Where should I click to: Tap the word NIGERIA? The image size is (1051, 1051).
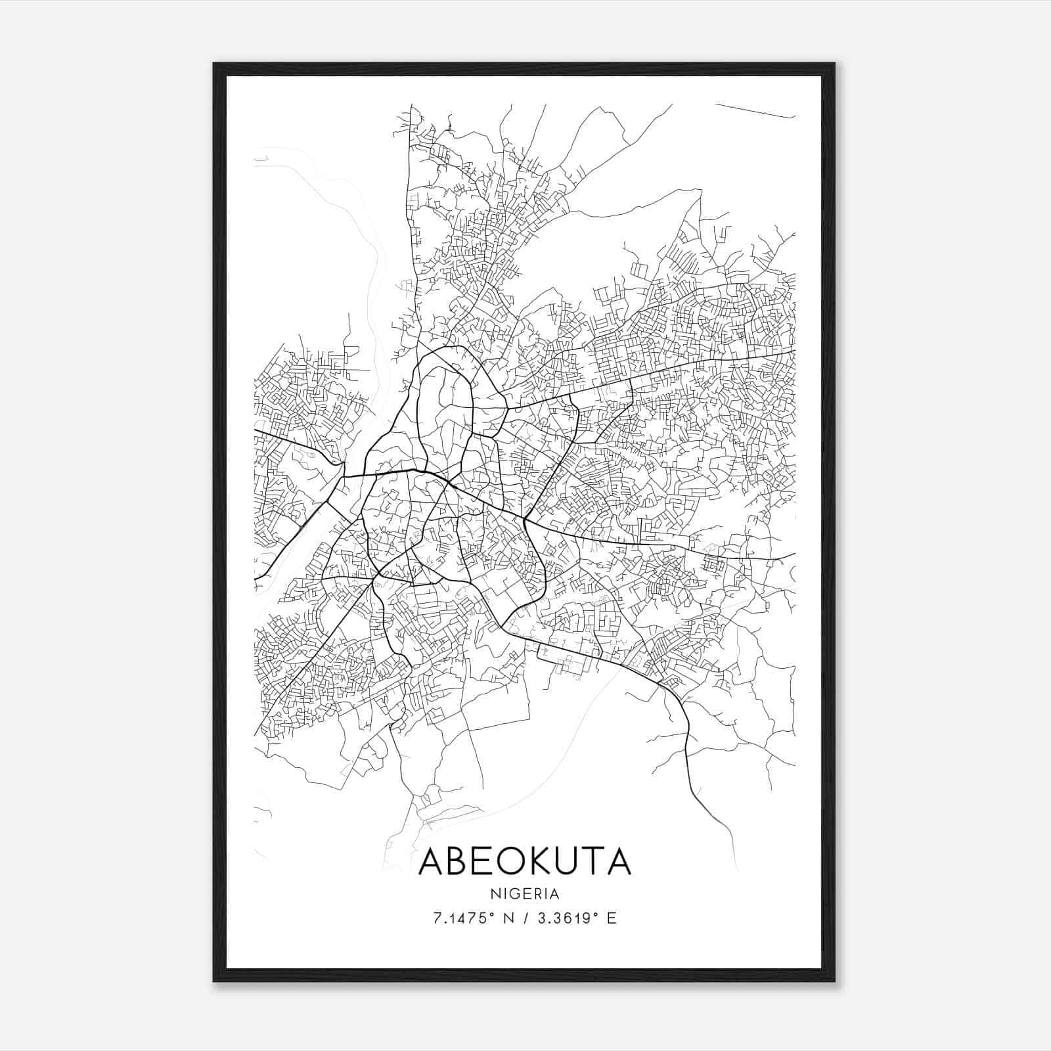click(x=525, y=893)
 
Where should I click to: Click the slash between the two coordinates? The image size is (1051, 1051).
click(x=525, y=918)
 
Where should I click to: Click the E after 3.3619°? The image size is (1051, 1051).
click(x=612, y=918)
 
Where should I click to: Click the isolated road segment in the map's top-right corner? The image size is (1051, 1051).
click(x=755, y=111)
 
